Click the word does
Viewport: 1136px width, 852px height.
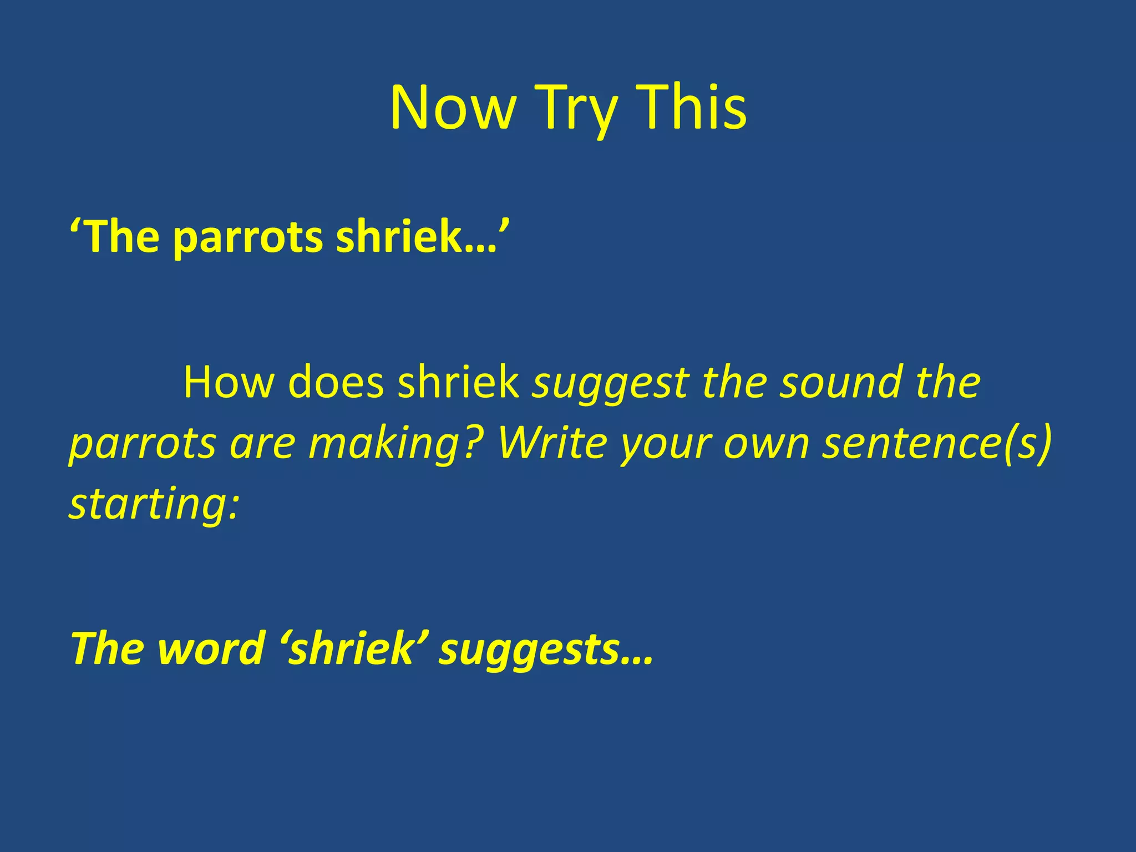click(336, 382)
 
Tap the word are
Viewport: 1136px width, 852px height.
click(262, 444)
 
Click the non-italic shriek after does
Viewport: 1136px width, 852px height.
click(458, 382)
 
